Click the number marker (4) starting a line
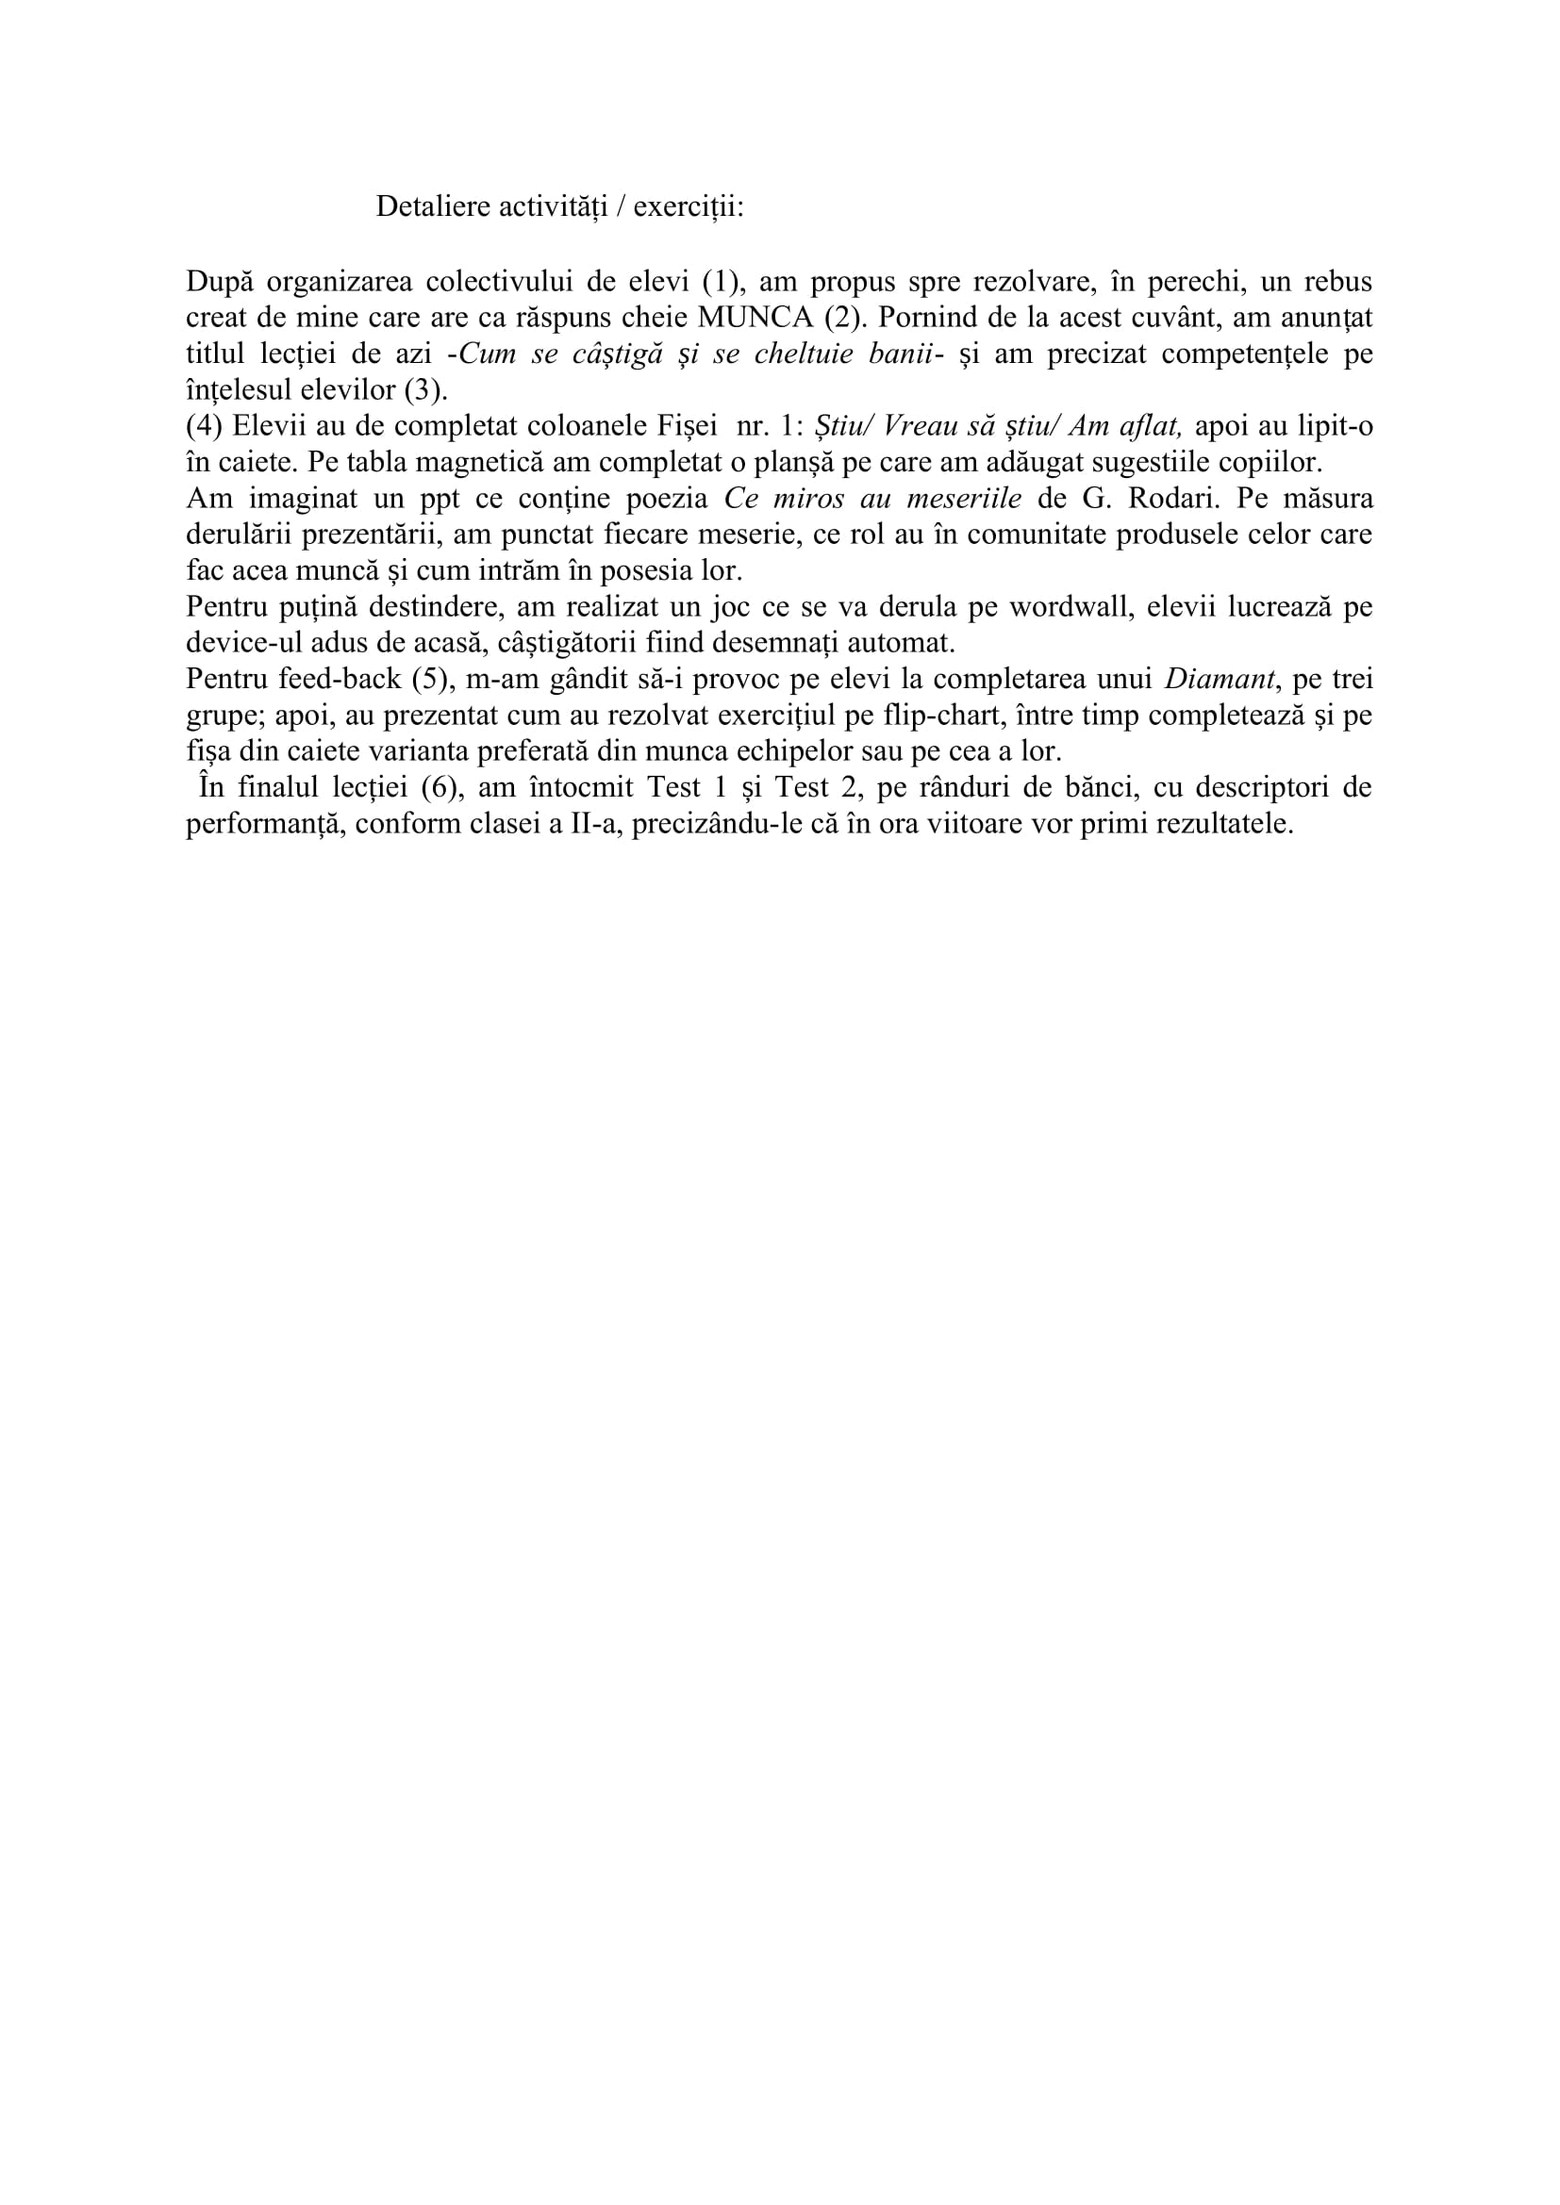(205, 426)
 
